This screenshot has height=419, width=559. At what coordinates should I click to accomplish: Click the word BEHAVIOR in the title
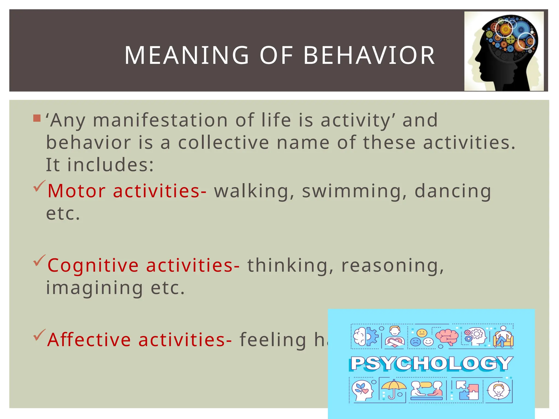(x=369, y=55)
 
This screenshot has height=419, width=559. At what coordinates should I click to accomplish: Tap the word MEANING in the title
(x=187, y=55)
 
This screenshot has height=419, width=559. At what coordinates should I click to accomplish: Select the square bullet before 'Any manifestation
(x=37, y=118)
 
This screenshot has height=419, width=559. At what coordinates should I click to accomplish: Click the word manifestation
(x=160, y=120)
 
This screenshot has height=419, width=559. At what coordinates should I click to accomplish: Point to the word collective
(x=224, y=143)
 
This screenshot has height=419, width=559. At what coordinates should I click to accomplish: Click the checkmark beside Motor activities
(x=39, y=186)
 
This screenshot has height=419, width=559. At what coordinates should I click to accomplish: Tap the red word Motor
(x=76, y=191)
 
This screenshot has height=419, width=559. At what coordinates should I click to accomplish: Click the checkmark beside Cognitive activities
(x=39, y=261)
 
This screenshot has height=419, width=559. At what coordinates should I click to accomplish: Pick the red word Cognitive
(x=93, y=265)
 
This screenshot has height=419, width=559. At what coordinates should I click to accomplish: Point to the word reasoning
(x=393, y=265)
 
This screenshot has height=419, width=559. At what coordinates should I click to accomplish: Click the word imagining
(x=94, y=288)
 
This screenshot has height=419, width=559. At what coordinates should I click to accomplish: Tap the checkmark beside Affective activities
(x=39, y=335)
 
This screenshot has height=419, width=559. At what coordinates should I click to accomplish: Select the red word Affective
(x=89, y=340)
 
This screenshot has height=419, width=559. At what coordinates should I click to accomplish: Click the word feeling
(x=273, y=340)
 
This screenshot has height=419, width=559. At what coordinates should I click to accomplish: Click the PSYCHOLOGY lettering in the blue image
(x=431, y=363)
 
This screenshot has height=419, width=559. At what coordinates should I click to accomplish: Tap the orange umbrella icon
(x=393, y=389)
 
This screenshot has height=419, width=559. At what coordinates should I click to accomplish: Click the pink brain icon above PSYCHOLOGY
(x=447, y=337)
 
